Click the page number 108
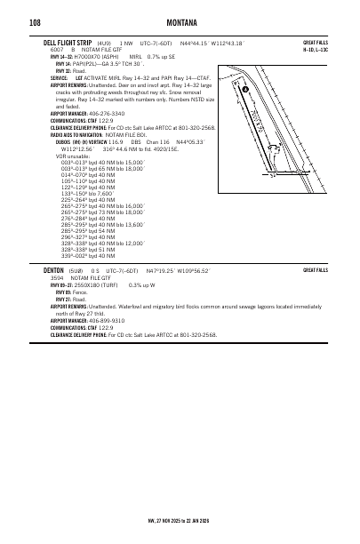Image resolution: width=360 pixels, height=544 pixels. pos(36,22)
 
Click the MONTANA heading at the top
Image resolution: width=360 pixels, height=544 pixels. pos(180,22)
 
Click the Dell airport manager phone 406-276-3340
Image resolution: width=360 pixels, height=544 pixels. pos(106,114)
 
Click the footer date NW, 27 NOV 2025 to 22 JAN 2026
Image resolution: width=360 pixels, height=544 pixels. pos(180,520)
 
